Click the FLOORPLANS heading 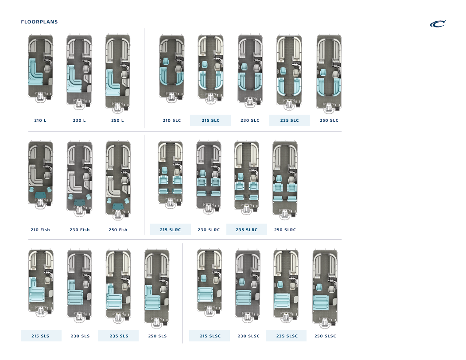[39, 22]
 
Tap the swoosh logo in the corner [438, 24]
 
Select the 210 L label [40, 120]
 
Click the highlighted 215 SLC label [210, 120]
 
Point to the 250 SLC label [329, 120]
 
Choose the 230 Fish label [79, 230]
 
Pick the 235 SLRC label [247, 230]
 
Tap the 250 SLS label [157, 336]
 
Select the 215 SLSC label [210, 336]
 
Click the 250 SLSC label [325, 336]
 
